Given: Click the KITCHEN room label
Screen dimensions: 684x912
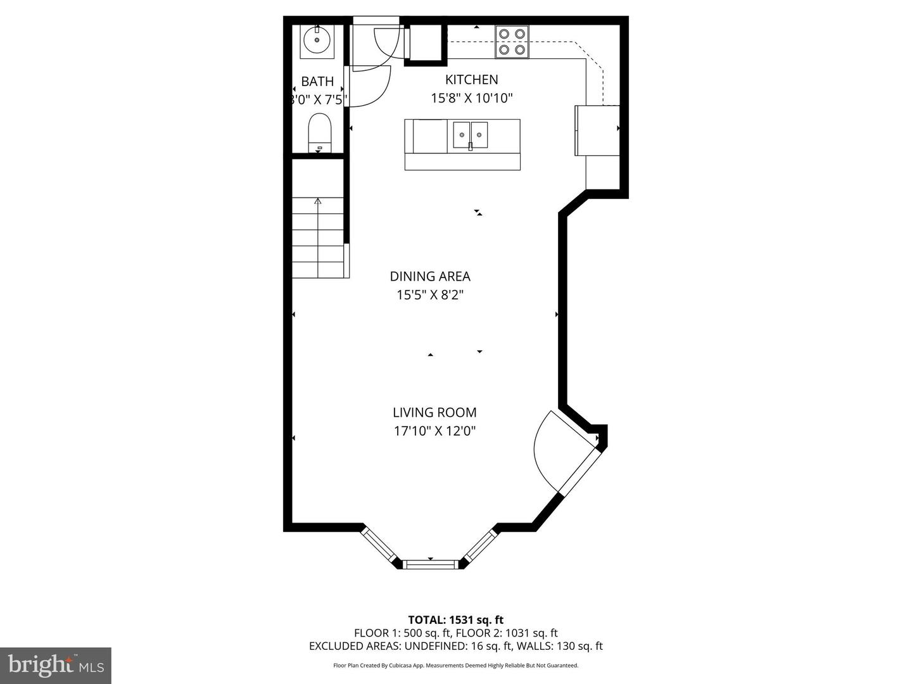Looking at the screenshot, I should (471, 80).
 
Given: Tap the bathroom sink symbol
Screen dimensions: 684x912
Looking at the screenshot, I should (315, 42).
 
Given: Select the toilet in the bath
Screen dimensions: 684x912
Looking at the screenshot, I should (319, 132).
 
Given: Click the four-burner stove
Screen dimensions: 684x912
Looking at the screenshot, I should (512, 42).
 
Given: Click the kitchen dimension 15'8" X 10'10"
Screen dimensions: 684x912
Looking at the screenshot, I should (471, 98).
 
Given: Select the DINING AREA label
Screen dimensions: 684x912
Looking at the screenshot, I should (430, 277).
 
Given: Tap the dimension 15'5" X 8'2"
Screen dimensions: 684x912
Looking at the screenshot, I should (430, 295).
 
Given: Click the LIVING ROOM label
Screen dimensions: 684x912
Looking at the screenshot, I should (434, 413).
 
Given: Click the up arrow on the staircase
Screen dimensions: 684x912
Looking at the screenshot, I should (318, 203).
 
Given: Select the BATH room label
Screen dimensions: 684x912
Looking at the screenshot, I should (317, 82).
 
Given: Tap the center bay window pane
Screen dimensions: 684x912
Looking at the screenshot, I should (431, 564).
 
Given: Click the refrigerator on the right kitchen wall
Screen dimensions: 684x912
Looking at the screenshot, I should (597, 130).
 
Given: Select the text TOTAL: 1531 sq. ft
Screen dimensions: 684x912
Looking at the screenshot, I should (455, 620).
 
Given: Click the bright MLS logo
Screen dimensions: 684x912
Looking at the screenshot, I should (56, 665).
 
